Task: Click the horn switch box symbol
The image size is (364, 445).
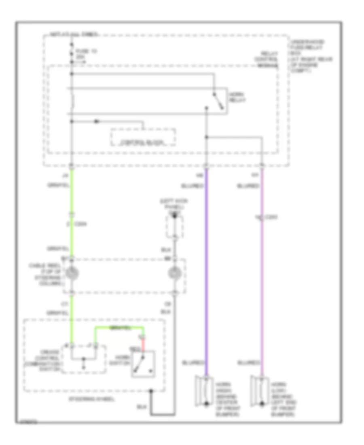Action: [143, 364]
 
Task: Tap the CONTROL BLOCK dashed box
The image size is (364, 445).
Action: [143, 138]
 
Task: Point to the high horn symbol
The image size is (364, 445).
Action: [202, 391]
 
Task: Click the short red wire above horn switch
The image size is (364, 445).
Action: [143, 343]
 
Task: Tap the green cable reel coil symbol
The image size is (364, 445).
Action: [72, 275]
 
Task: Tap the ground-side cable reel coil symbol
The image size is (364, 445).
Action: [175, 275]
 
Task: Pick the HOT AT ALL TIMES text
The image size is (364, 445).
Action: [73, 35]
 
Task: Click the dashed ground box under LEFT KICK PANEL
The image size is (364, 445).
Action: [175, 227]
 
